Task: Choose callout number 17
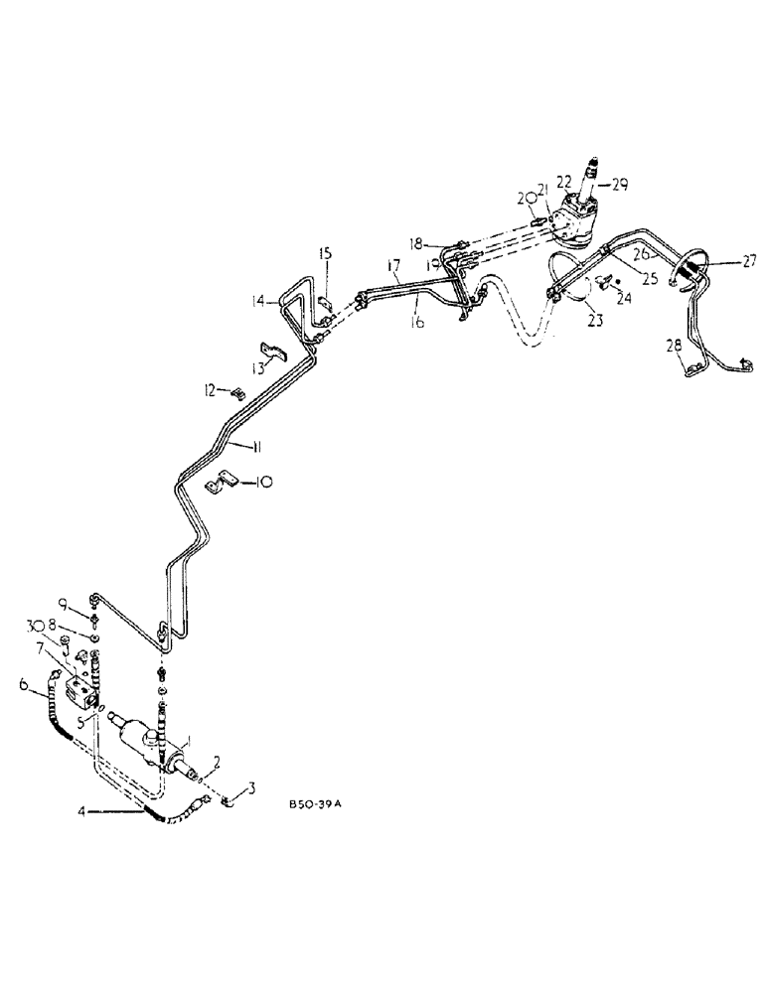tap(393, 265)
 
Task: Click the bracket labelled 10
tap(220, 484)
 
